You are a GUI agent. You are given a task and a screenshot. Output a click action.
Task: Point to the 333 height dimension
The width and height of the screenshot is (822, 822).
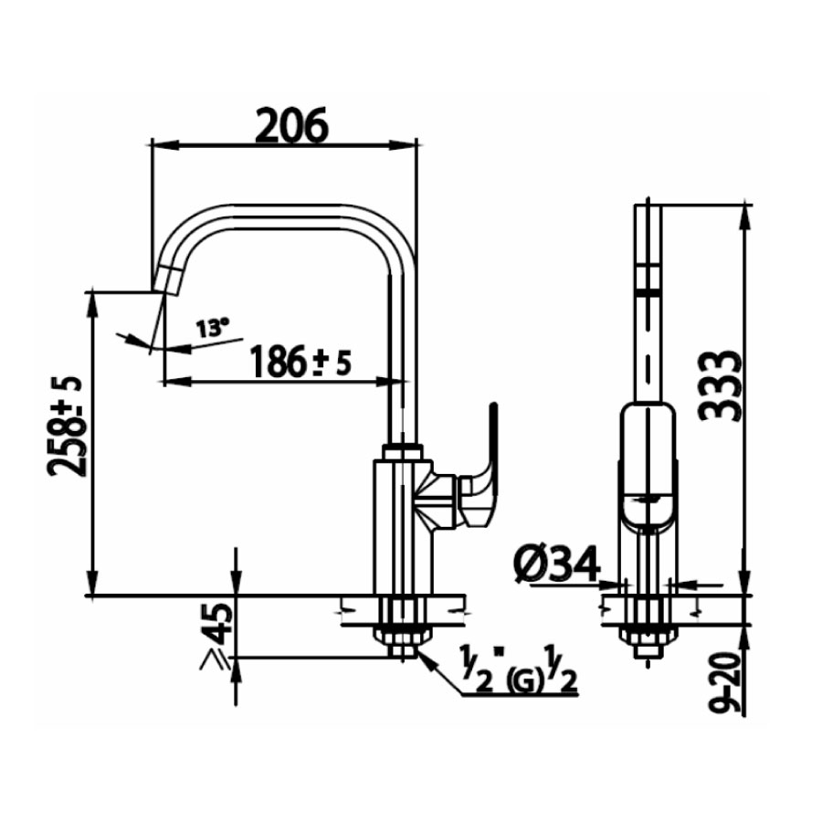(720, 384)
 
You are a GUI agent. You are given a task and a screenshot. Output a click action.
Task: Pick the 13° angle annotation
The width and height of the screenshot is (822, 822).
(212, 327)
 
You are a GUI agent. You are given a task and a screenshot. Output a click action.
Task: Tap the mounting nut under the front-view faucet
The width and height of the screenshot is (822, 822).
(648, 636)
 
